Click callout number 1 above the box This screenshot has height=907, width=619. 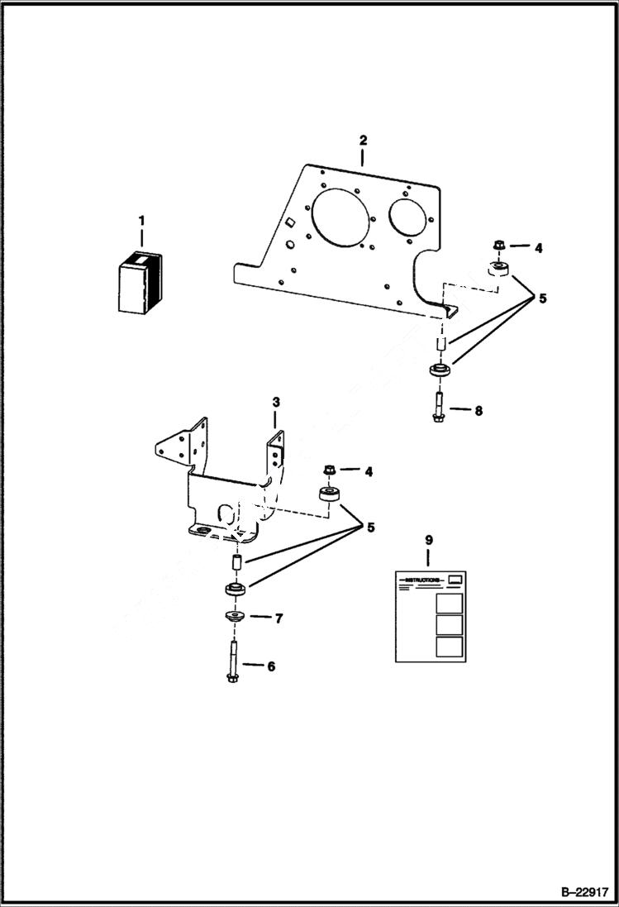pyautogui.click(x=141, y=221)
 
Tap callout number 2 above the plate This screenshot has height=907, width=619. pyautogui.click(x=362, y=141)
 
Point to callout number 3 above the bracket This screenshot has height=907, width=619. pyautogui.click(x=276, y=402)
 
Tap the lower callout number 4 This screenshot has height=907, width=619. pyautogui.click(x=369, y=471)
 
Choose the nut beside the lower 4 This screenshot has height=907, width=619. pyautogui.click(x=328, y=470)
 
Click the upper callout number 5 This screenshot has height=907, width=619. pyautogui.click(x=542, y=299)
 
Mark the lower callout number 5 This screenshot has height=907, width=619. pyautogui.click(x=370, y=527)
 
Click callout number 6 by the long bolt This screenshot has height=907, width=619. pyautogui.click(x=269, y=665)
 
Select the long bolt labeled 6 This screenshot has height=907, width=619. pyautogui.click(x=233, y=661)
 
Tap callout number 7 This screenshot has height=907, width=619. pyautogui.click(x=279, y=618)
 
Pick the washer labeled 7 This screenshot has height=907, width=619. pyautogui.click(x=232, y=617)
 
